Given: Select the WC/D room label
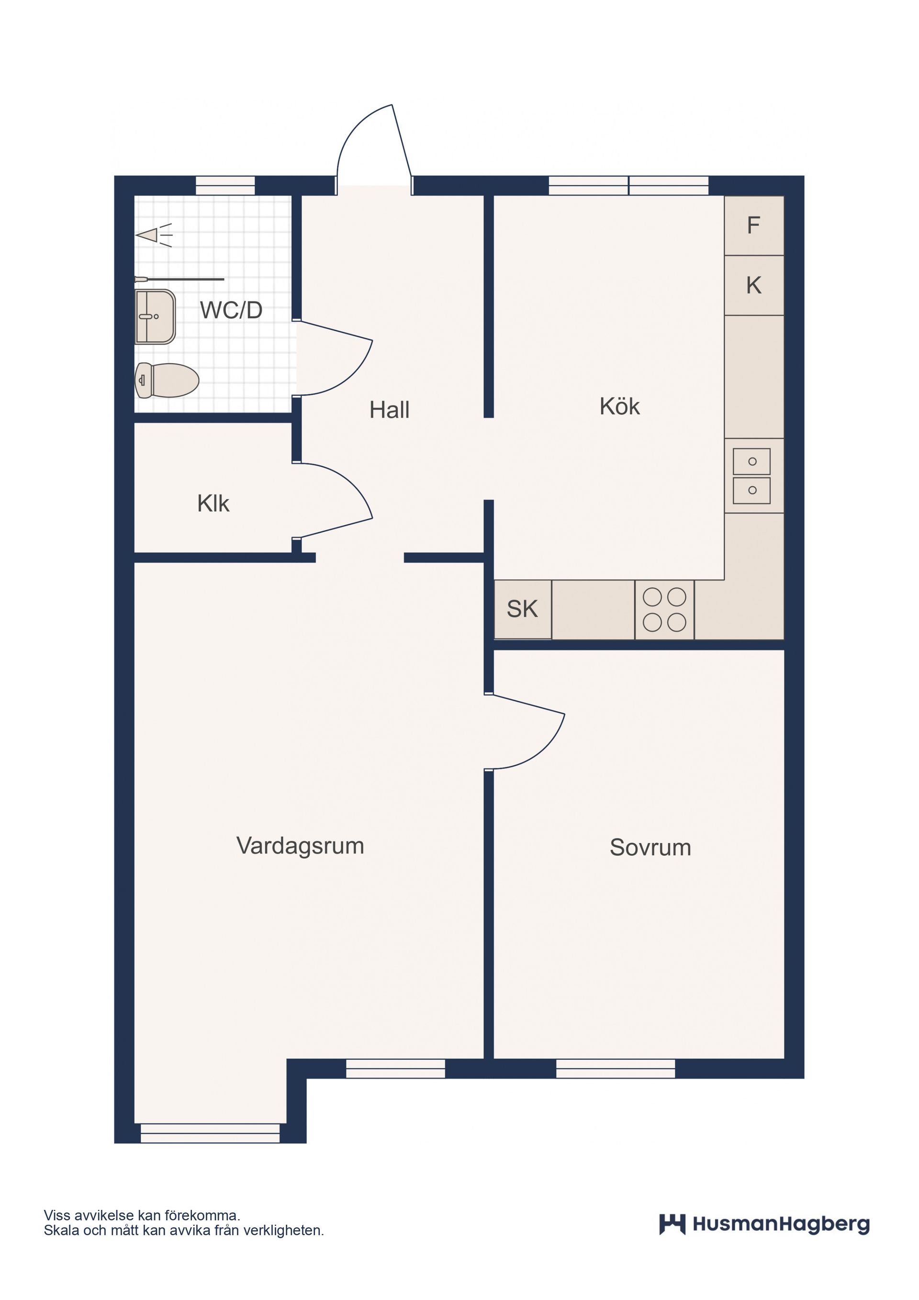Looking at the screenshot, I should point(231,310).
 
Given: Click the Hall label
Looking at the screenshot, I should point(389,410).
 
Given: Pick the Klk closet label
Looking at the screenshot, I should point(213,504).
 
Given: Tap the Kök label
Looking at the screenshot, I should point(619,406).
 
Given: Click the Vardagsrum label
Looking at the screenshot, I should point(300,845).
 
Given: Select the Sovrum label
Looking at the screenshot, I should point(650,848).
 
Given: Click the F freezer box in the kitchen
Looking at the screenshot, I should point(754,225).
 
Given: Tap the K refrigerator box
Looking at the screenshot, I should point(754,285).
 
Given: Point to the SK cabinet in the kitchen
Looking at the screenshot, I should point(522,609).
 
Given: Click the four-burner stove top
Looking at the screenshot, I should point(664,610).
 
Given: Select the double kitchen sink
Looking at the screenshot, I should point(751,476).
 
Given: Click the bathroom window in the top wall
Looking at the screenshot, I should point(225,185).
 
